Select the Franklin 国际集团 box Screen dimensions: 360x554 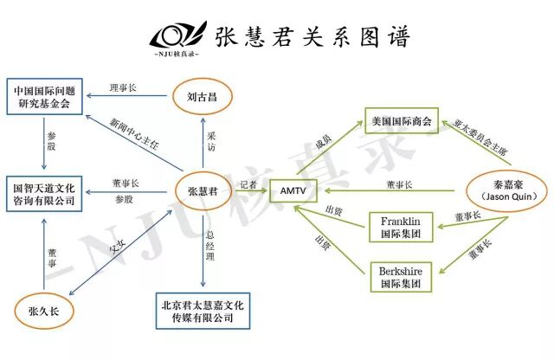400,227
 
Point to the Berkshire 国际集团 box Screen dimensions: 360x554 400,276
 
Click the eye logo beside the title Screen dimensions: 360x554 177,37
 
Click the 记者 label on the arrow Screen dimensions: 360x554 248,183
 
